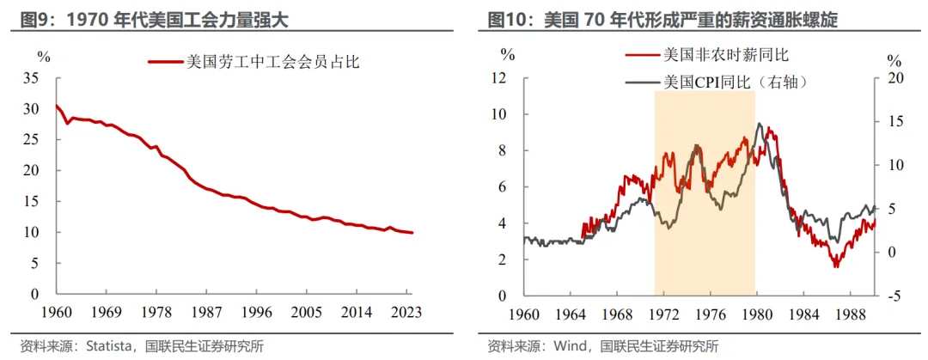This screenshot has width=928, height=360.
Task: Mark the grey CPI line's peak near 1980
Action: click(x=759, y=124)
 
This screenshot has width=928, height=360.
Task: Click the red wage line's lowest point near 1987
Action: click(x=835, y=266)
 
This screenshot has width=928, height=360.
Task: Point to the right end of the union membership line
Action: click(x=412, y=233)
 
